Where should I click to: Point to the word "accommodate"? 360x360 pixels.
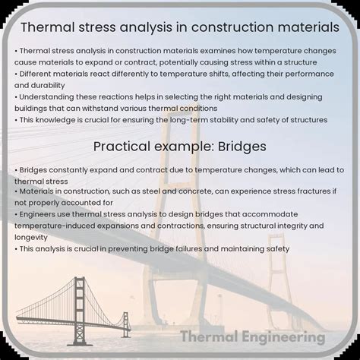285,215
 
